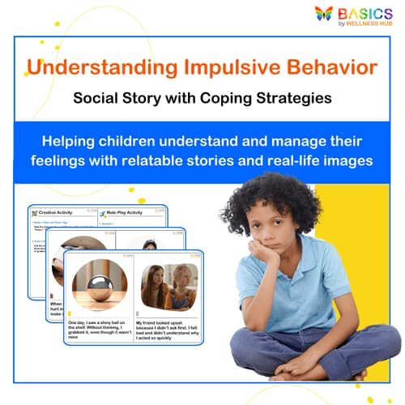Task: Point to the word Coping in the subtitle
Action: click(230, 99)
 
